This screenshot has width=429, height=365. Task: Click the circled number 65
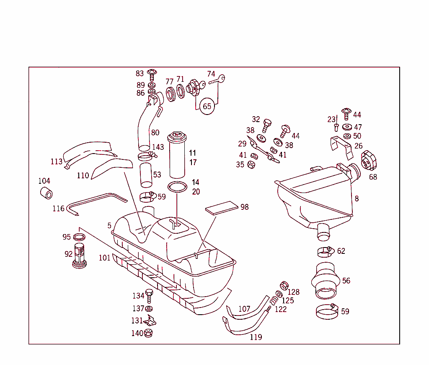[x=207, y=106]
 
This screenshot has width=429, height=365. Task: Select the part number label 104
[x=44, y=181]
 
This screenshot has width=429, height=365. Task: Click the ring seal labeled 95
[x=79, y=237]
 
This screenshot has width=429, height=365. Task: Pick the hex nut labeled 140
[x=148, y=334]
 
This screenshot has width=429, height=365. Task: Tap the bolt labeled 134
[x=149, y=295]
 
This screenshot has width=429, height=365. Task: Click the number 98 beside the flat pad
[x=245, y=207]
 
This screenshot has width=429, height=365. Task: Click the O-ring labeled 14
[x=178, y=187]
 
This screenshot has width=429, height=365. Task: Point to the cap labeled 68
[x=369, y=162]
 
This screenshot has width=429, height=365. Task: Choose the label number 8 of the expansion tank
[x=357, y=199]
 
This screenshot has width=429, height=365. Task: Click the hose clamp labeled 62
[x=325, y=252]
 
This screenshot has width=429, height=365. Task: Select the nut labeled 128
[x=284, y=286]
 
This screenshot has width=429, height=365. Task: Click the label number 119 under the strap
[x=256, y=337]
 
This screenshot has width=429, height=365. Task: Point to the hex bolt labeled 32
[x=266, y=125]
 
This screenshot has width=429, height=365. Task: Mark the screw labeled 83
[x=152, y=75]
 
